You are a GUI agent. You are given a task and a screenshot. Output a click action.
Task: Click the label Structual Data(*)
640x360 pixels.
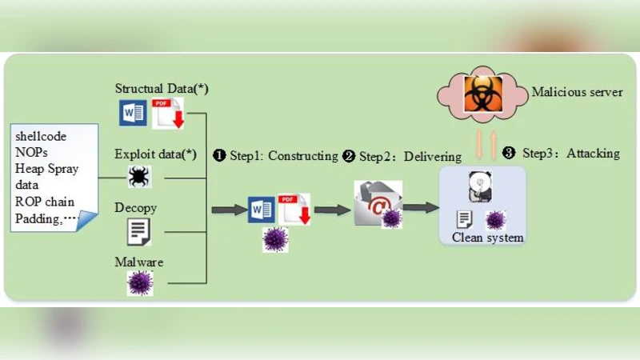(x=162, y=88)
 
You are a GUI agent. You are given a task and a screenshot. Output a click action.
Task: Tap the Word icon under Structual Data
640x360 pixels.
(x=132, y=113)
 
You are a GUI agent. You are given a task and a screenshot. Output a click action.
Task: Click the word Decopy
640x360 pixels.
(x=136, y=208)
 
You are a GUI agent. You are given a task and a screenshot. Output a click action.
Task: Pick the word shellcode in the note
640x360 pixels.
(x=41, y=137)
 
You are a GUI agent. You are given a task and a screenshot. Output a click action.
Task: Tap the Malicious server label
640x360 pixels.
(x=577, y=92)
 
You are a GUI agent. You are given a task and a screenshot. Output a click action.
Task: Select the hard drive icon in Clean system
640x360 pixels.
(x=482, y=187)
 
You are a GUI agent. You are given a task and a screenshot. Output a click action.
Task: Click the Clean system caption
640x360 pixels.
(x=488, y=238)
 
